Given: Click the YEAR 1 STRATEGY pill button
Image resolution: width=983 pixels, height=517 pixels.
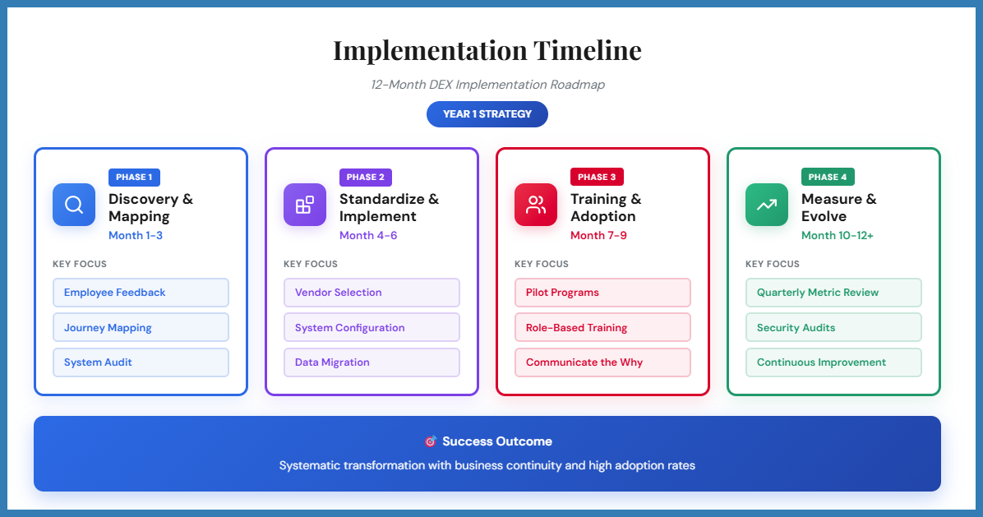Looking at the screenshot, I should coord(487,114).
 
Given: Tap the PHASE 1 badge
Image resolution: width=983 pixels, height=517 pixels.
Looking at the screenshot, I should coord(134,177).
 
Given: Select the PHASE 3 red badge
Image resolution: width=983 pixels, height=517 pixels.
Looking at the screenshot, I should coord(597,177).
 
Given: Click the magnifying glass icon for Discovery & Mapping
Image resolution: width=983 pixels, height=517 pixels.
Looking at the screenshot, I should coord(74,205).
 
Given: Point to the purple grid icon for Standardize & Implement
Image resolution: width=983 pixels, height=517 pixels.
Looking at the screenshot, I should coord(305,205).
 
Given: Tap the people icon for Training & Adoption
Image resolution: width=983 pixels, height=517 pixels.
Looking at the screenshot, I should coord(536,205).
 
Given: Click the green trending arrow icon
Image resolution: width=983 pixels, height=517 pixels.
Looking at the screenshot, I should coord(767,205).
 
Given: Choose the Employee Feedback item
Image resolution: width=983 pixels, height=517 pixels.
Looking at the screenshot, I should coord(141,293).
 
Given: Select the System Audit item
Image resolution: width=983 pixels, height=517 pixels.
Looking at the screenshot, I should coord(141,362).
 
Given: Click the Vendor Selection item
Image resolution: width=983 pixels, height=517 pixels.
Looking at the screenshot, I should coord(372,293).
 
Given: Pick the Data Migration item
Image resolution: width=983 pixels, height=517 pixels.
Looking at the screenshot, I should coord(372,362).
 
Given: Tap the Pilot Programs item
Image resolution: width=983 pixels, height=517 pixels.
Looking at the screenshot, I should coord(602,293).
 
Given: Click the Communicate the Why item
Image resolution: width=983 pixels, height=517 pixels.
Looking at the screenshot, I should coord(602,362).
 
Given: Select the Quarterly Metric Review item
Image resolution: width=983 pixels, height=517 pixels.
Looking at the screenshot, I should coord(833,293).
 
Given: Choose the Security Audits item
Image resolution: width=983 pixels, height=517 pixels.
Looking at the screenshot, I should coord(833,328).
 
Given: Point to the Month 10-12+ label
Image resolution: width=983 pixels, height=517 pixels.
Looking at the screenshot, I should coord(838,236).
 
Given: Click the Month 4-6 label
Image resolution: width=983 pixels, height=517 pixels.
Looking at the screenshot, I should coord(368,236).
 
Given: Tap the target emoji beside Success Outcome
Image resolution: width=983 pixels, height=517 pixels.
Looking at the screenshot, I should coord(430,441).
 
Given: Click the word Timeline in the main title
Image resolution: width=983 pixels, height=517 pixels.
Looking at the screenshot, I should coord(587,50).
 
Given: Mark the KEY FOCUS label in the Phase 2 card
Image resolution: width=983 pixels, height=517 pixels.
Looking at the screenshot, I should coord(311,264).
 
